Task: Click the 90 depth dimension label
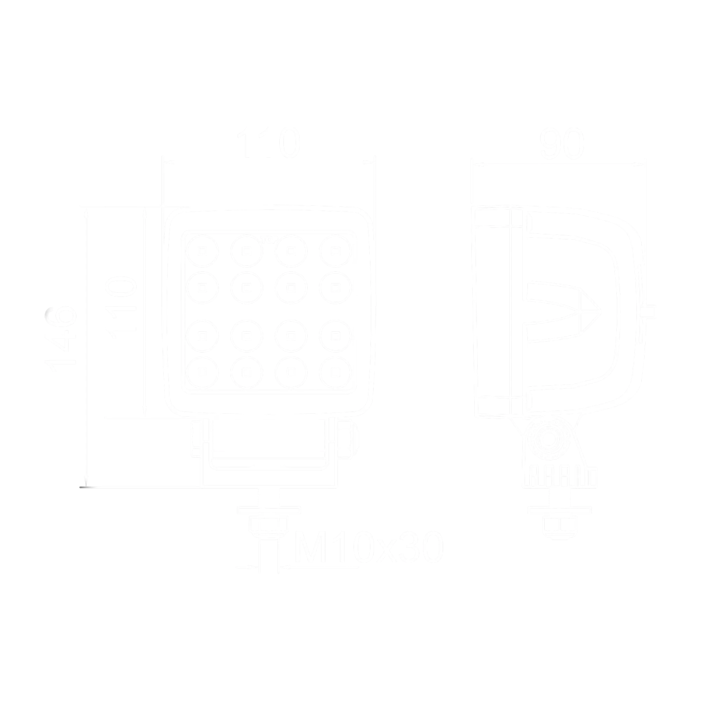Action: click(561, 143)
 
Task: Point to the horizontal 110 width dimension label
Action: click(268, 143)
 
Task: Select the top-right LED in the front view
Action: click(336, 251)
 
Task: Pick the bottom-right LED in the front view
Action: click(336, 372)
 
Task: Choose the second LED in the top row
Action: click(247, 251)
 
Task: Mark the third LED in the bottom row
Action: click(291, 372)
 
